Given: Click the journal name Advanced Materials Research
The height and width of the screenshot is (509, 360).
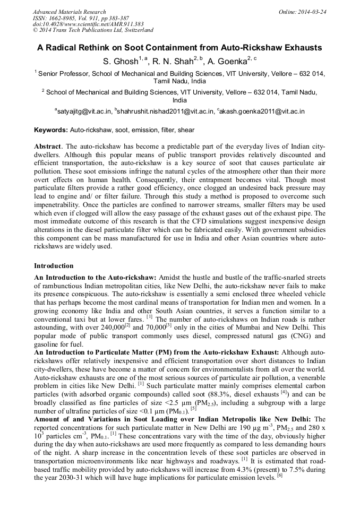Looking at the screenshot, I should click(x=69, y=12).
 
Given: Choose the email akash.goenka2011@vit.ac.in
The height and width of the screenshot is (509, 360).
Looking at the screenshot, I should click(x=262, y=111).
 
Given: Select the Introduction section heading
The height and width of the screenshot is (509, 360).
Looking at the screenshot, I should click(x=54, y=265).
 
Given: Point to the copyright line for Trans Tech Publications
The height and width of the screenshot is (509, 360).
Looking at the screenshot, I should click(x=93, y=31).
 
